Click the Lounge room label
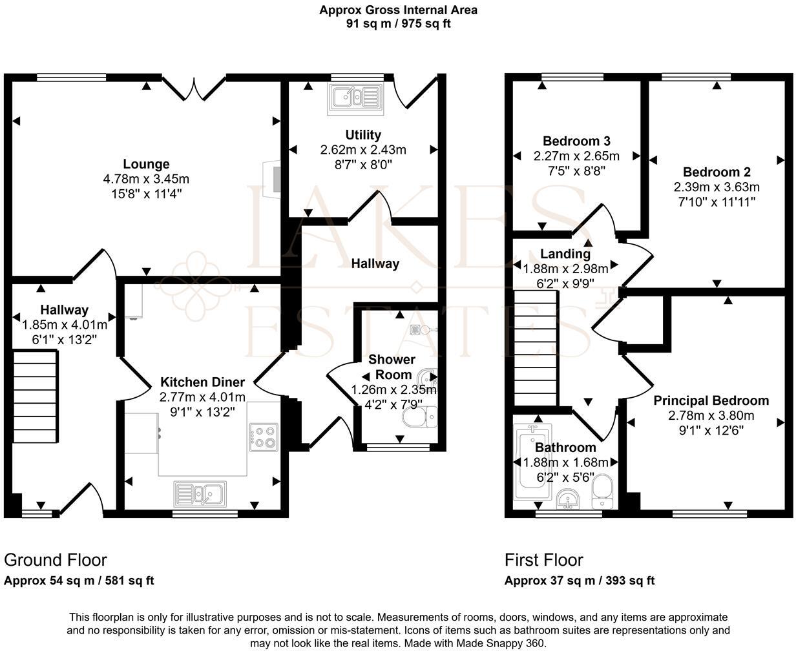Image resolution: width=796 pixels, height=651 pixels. [146, 164]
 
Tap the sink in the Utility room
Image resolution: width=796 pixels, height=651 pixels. [355, 98]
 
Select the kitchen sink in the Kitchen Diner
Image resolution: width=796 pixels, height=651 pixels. [200, 494]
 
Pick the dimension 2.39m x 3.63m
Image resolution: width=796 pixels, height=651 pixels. [717, 187]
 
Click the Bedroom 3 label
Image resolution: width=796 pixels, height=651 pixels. [576, 141]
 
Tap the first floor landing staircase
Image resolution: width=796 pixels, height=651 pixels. [536, 348]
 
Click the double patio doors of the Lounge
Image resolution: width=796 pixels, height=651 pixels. [194, 88]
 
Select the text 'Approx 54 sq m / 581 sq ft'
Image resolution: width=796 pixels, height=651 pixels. [79, 581]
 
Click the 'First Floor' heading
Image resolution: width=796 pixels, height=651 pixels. [543, 559]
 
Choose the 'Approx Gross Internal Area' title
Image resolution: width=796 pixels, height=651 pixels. [398, 10]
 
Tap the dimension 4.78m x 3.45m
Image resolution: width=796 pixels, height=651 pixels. [146, 179]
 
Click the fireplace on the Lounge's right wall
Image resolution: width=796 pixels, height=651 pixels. [274, 179]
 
